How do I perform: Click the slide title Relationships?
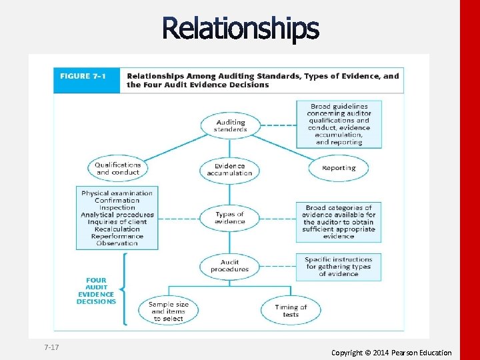[240, 29]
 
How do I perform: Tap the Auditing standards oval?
[230, 126]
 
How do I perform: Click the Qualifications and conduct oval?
[117, 169]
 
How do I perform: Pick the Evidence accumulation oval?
[230, 169]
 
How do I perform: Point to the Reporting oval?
[339, 168]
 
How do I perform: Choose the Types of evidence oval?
[230, 218]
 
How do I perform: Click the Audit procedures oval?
[229, 266]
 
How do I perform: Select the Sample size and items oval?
[169, 311]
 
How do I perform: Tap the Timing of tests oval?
[291, 311]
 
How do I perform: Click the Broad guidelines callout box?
[339, 124]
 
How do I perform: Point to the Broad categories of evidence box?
[339, 222]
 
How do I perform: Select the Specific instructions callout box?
[339, 267]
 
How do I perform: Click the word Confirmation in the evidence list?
[117, 201]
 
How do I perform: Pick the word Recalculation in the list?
[117, 229]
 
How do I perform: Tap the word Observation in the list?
[117, 243]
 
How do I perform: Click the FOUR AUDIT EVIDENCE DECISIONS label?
[96, 291]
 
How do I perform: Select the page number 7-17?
[51, 348]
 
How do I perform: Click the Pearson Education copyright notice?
[391, 353]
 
